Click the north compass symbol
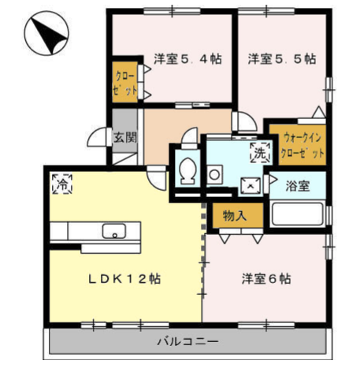(x=46, y=33)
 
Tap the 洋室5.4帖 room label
(x=187, y=59)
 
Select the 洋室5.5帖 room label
(x=282, y=59)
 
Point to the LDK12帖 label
(x=124, y=279)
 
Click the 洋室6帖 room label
(x=266, y=279)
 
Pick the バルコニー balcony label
(x=187, y=341)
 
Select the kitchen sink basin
(x=114, y=231)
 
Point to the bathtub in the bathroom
(x=297, y=214)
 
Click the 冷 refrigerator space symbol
(x=62, y=184)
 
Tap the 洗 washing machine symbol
(x=260, y=153)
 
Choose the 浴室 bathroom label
(x=298, y=186)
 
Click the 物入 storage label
(x=235, y=216)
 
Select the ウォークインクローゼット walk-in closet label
(x=302, y=146)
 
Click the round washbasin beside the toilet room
(x=214, y=174)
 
